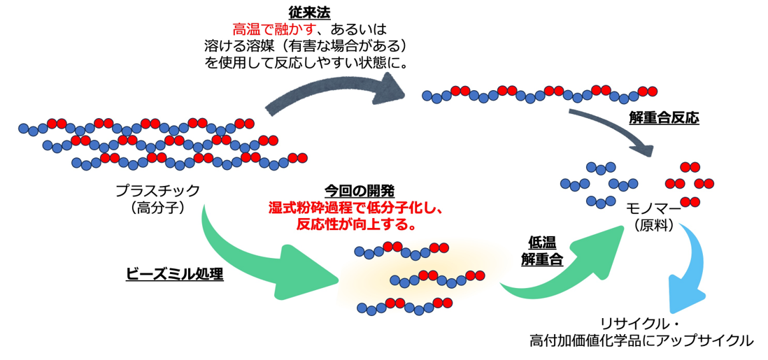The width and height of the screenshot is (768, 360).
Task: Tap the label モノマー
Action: [655, 209]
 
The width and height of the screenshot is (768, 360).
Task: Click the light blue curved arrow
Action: [685, 274]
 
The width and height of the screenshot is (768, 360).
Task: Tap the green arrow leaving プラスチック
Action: [255, 262]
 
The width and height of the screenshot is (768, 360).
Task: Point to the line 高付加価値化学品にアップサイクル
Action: [641, 341]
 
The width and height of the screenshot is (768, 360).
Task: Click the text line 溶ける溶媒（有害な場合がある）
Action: [306, 47]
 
